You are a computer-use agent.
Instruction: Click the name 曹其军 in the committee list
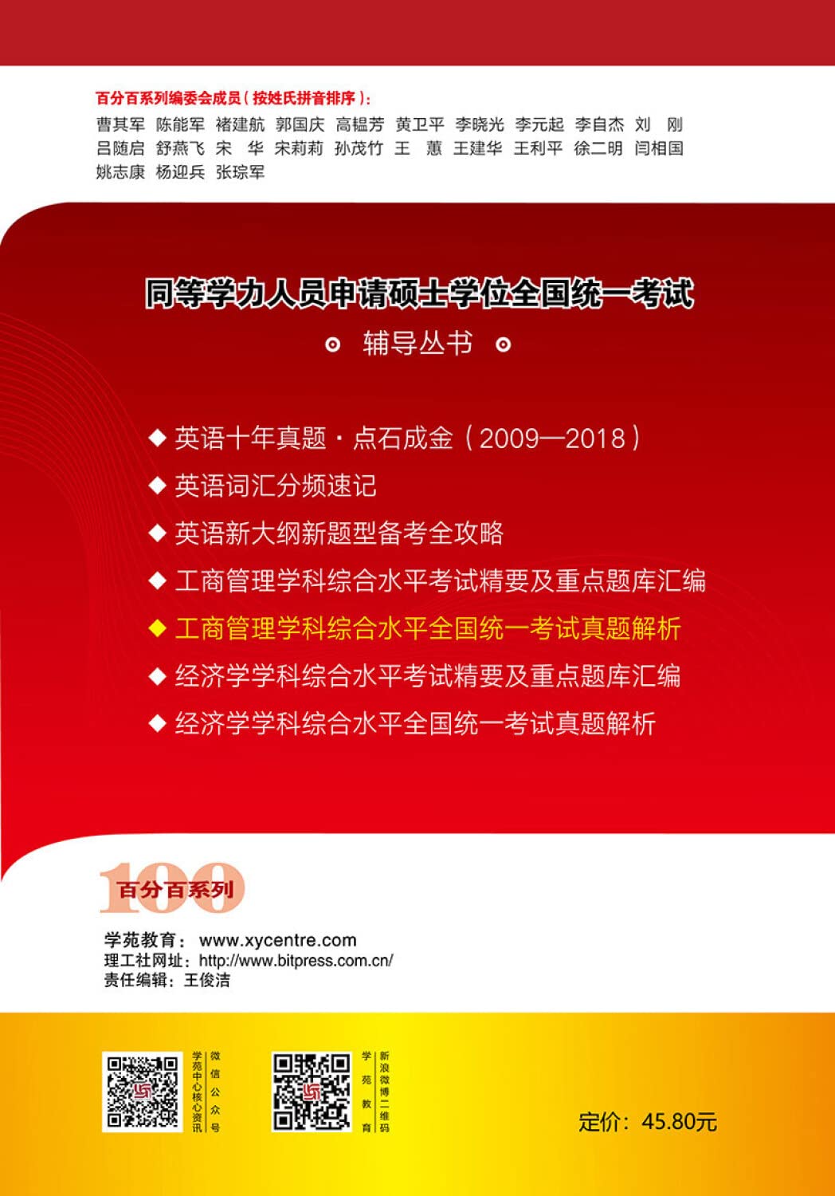pyautogui.click(x=120, y=124)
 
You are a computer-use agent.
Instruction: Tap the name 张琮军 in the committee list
pyautogui.click(x=240, y=172)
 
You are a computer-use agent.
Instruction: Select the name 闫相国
pyautogui.click(x=658, y=148)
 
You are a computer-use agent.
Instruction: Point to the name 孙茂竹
pyautogui.click(x=359, y=148)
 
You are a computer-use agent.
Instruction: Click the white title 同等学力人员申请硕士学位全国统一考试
pyautogui.click(x=419, y=293)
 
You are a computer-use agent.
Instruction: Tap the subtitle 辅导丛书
pyautogui.click(x=417, y=344)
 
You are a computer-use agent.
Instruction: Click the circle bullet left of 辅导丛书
pyautogui.click(x=333, y=344)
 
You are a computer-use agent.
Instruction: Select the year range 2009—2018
pyautogui.click(x=553, y=438)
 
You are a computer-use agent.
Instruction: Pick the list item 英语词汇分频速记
pyautogui.click(x=275, y=486)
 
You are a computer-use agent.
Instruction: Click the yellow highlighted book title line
pyautogui.click(x=428, y=628)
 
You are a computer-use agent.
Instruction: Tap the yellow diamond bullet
pyautogui.click(x=157, y=628)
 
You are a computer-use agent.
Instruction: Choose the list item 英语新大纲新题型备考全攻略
pyautogui.click(x=339, y=533)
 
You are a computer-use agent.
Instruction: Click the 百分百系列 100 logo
pyautogui.click(x=172, y=888)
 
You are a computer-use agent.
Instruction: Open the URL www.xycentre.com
pyautogui.click(x=277, y=940)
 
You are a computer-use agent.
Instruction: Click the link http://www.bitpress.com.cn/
pyautogui.click(x=296, y=961)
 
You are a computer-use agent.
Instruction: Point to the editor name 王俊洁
pyautogui.click(x=207, y=980)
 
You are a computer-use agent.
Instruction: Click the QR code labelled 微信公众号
pyautogui.click(x=143, y=1092)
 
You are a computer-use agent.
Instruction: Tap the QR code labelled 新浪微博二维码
pyautogui.click(x=311, y=1092)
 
